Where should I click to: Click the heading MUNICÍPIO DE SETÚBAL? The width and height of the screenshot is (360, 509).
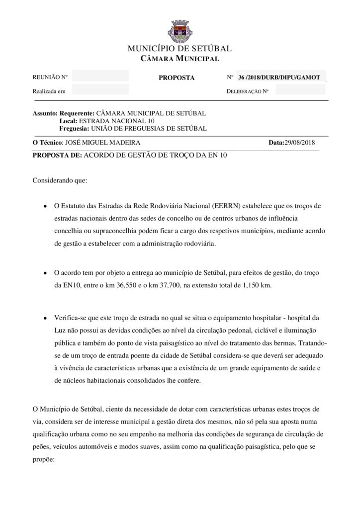point(180,49)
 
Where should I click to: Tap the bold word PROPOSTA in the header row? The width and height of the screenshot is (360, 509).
point(177,78)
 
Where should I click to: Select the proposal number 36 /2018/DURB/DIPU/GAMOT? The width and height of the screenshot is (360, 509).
point(279,78)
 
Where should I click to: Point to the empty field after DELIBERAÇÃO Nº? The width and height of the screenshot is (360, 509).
point(300,90)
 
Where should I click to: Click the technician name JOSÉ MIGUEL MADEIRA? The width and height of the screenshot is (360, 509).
point(99,143)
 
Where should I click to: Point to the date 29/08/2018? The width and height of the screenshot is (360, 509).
point(300,143)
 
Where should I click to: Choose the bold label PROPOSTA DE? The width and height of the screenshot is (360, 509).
point(57,155)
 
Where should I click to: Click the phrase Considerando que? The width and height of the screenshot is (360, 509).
point(60,180)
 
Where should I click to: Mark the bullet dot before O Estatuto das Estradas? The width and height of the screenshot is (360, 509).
point(45,206)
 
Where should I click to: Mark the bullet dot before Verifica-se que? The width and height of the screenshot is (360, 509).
point(45,318)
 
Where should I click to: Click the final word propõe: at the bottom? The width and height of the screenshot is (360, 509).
point(43,460)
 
